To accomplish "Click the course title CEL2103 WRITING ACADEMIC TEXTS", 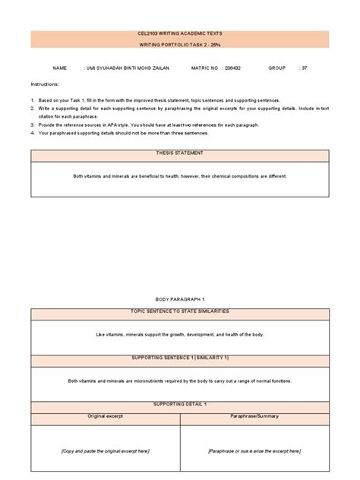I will click(179, 34).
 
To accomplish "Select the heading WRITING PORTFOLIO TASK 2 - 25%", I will click(179, 46).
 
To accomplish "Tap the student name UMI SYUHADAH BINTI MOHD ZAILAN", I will click(128, 68).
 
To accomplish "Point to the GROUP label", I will click(276, 68).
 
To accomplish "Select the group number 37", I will click(304, 68).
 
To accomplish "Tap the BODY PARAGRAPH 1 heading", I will click(179, 301).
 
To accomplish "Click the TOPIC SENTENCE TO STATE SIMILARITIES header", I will click(179, 312).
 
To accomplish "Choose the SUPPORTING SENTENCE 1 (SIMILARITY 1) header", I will click(179, 357).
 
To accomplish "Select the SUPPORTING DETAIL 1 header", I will click(179, 405).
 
